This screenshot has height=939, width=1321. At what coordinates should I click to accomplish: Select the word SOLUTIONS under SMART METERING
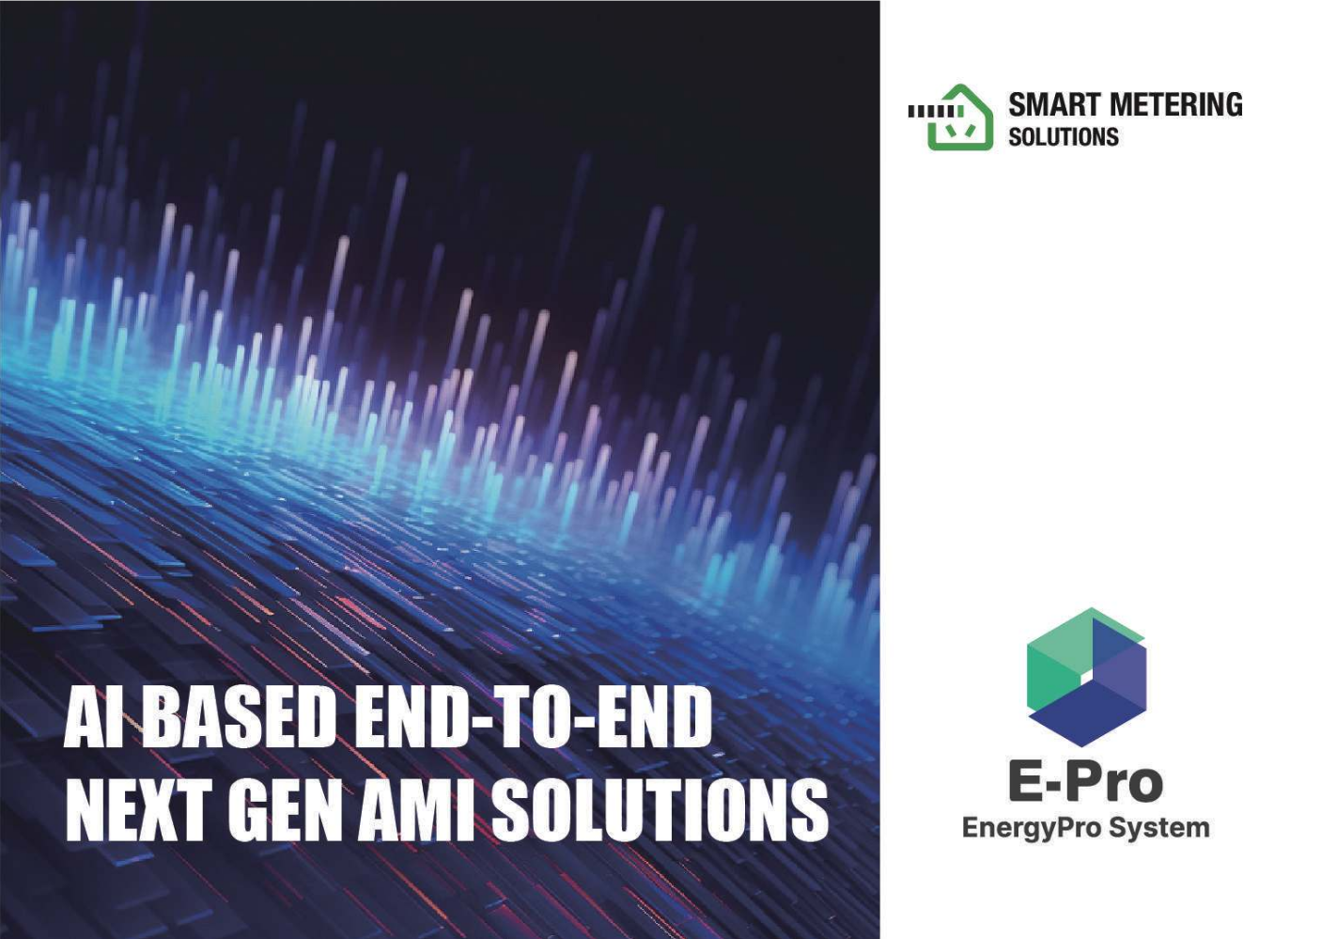tap(1064, 137)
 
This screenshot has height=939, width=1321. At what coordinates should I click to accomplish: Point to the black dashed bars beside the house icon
tap(937, 111)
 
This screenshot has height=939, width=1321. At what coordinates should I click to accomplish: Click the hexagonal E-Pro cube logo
tap(1086, 677)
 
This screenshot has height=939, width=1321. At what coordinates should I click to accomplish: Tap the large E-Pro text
tap(1086, 783)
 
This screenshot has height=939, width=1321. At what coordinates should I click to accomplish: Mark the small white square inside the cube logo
tap(1087, 677)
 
